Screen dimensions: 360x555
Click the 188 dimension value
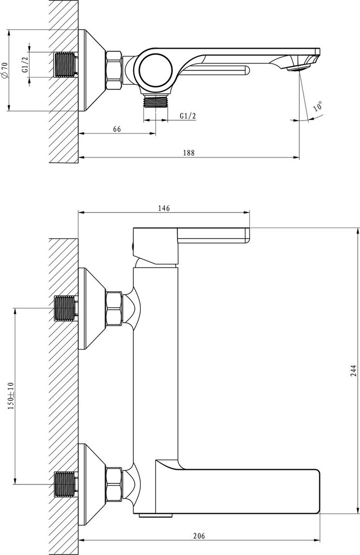coord(188,153)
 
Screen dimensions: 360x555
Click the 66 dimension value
coord(117,129)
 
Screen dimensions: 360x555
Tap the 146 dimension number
coord(164,208)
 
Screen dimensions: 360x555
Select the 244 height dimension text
coord(354,370)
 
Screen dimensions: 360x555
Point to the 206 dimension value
coord(199,536)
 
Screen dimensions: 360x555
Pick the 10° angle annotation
coord(318,106)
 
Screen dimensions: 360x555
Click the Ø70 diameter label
coord(4,70)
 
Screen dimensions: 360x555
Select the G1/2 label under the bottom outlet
coord(188,116)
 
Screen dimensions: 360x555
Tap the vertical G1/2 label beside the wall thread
coord(25,65)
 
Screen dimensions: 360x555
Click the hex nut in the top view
coord(114,70)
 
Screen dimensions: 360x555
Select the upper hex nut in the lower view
coord(114,308)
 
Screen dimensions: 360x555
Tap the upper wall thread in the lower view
coord(66,308)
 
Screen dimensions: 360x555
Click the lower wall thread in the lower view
coord(66,484)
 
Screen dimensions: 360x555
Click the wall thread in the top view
coord(66,65)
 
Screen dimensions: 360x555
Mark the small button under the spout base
coord(148,516)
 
